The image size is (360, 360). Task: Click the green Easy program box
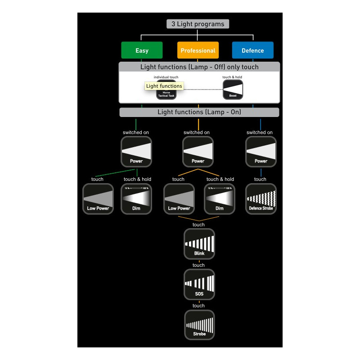(x=142, y=50)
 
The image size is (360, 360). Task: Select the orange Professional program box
(x=198, y=50)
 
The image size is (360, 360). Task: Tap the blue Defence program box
(x=252, y=50)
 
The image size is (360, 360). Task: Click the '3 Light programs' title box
(x=198, y=24)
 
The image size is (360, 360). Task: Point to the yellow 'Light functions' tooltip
(x=164, y=86)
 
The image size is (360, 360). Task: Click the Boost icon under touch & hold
(x=233, y=90)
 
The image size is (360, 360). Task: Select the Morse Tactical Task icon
(x=166, y=94)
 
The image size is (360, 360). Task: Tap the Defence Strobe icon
(x=261, y=198)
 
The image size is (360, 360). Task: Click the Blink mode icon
(x=199, y=244)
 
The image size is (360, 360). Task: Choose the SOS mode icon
(x=199, y=284)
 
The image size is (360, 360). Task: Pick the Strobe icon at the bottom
(x=199, y=325)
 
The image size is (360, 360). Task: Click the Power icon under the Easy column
(x=136, y=152)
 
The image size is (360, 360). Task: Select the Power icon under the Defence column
(x=261, y=152)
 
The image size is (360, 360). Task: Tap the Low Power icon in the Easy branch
(x=98, y=198)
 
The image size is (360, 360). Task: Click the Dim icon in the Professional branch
(x=220, y=198)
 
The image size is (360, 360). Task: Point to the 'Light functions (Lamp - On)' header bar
(x=199, y=112)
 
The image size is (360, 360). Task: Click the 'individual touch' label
(x=166, y=77)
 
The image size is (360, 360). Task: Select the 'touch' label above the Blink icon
(x=198, y=225)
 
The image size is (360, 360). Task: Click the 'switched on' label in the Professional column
(x=197, y=132)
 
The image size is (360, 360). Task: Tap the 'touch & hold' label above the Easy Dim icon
(x=137, y=179)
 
